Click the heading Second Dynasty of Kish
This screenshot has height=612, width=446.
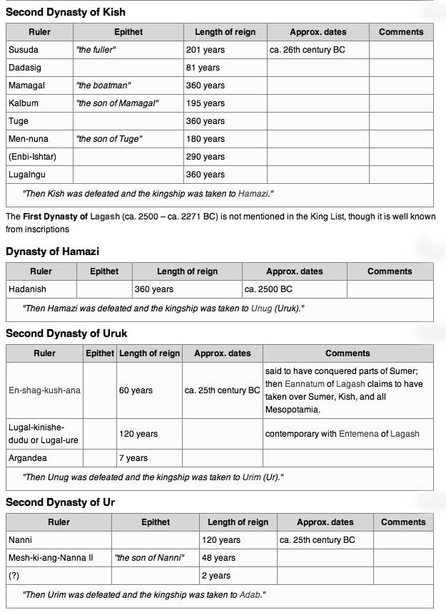[x=66, y=12]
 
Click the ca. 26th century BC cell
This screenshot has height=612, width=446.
[x=308, y=50]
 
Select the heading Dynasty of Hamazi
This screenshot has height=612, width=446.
[x=52, y=251]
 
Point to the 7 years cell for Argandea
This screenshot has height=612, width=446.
[x=133, y=458]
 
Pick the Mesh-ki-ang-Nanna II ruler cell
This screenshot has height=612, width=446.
[x=51, y=557]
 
